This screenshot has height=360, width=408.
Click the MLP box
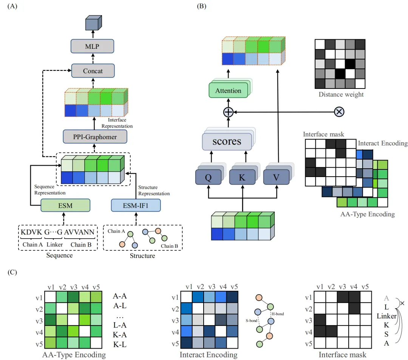click(93, 47)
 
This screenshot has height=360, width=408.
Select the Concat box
click(93, 71)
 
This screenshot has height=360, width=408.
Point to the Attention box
click(228, 91)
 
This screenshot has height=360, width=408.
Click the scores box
click(227, 141)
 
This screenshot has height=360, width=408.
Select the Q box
click(207, 177)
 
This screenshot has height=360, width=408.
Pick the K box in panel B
click(242, 177)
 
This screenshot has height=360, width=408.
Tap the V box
click(275, 177)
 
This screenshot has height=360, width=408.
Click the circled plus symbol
click(228, 112)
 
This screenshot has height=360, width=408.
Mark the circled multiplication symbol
click(339, 112)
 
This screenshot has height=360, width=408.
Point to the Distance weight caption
click(341, 95)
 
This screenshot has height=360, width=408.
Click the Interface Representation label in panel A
click(117, 123)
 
